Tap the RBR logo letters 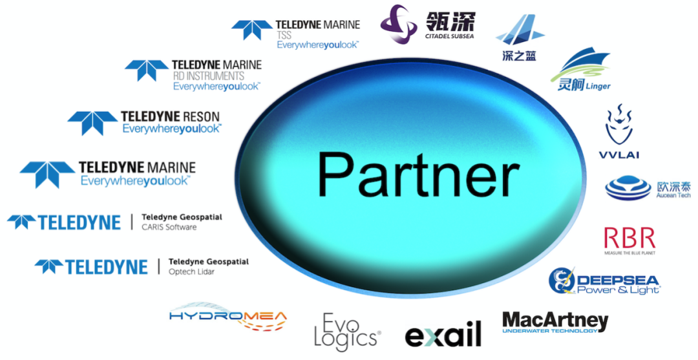click(629, 237)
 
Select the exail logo click(443, 334)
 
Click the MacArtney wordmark click(555, 321)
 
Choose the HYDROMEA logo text click(227, 315)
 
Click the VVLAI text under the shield click(619, 154)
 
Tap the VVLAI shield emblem click(619, 125)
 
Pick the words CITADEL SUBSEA click(449, 36)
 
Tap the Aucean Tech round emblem click(628, 187)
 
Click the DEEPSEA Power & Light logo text click(617, 284)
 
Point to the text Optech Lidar click(191, 272)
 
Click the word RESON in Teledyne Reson click(197, 117)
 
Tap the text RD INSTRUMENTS click(208, 76)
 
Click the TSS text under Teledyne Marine click(285, 36)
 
